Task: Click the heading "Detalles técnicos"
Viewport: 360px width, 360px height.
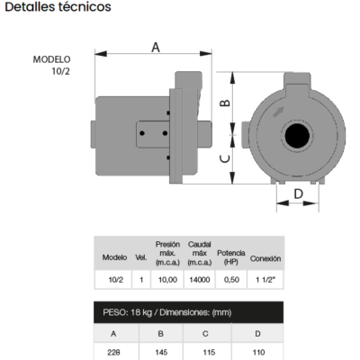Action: (x=58, y=6)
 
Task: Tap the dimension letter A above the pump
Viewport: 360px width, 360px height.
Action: (x=156, y=48)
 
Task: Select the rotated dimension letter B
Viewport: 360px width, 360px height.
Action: (x=225, y=103)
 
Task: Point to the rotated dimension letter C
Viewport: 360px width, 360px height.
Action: (x=225, y=158)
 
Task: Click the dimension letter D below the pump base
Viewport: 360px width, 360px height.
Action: (x=298, y=193)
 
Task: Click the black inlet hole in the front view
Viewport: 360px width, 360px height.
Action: (x=297, y=136)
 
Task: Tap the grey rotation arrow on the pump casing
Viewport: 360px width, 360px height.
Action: (x=278, y=112)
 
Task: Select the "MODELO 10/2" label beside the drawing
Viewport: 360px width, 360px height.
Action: (x=52, y=65)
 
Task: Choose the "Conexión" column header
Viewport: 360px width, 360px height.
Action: (x=265, y=258)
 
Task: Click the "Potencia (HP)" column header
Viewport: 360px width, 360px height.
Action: (x=231, y=257)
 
